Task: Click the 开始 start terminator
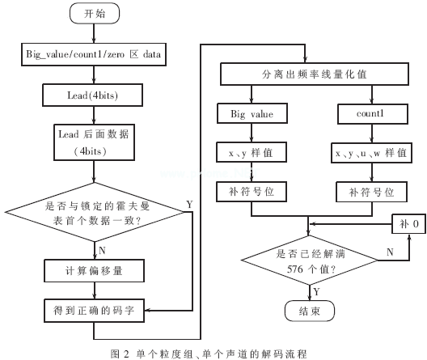[94, 14]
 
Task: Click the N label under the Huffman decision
[102, 250]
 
